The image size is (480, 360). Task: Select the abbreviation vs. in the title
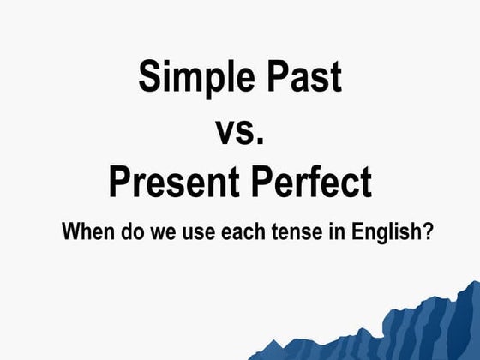239,131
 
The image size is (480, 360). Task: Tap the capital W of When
72,232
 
